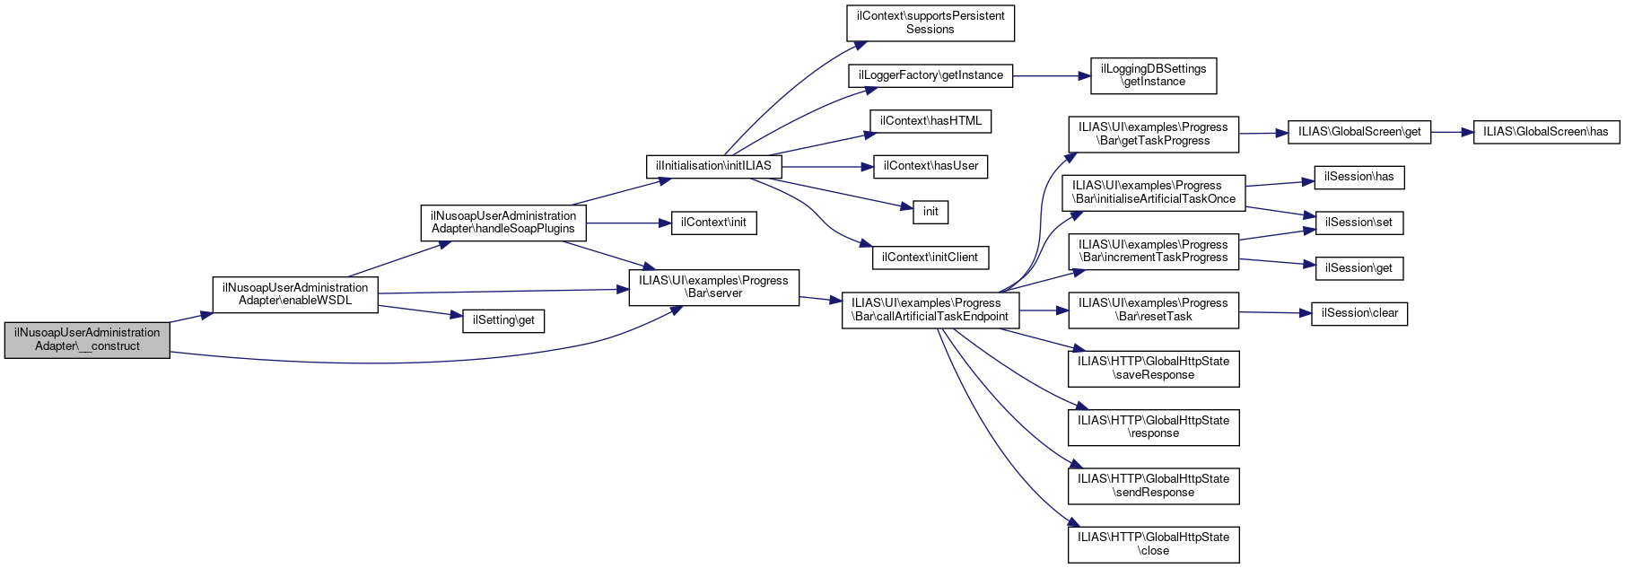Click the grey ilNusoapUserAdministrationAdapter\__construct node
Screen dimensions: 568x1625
coord(87,339)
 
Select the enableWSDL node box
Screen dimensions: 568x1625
coord(295,294)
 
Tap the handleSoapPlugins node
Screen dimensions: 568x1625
coord(503,223)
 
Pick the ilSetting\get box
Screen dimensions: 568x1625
coord(503,320)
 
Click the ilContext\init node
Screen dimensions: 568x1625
coord(713,223)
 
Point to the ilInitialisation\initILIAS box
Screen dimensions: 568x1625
coord(713,166)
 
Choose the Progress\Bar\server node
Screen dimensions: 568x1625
coord(713,287)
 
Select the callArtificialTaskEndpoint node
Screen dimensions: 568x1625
coord(930,310)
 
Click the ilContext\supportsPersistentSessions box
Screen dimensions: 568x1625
coord(930,22)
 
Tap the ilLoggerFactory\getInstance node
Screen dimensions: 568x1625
coord(930,75)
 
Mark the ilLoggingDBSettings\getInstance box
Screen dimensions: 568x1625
coord(1153,75)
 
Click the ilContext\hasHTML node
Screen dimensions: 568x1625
coord(930,121)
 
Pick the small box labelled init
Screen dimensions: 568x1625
coord(930,212)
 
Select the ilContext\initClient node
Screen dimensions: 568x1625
coord(930,258)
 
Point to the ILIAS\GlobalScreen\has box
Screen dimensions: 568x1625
coord(1545,132)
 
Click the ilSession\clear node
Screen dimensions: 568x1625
coord(1359,313)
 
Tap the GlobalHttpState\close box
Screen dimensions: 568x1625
coord(1153,544)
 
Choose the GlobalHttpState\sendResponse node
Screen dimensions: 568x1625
coord(1153,485)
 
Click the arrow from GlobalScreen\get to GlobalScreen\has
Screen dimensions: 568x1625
coord(1453,132)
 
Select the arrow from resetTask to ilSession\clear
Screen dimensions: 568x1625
coord(1275,312)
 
